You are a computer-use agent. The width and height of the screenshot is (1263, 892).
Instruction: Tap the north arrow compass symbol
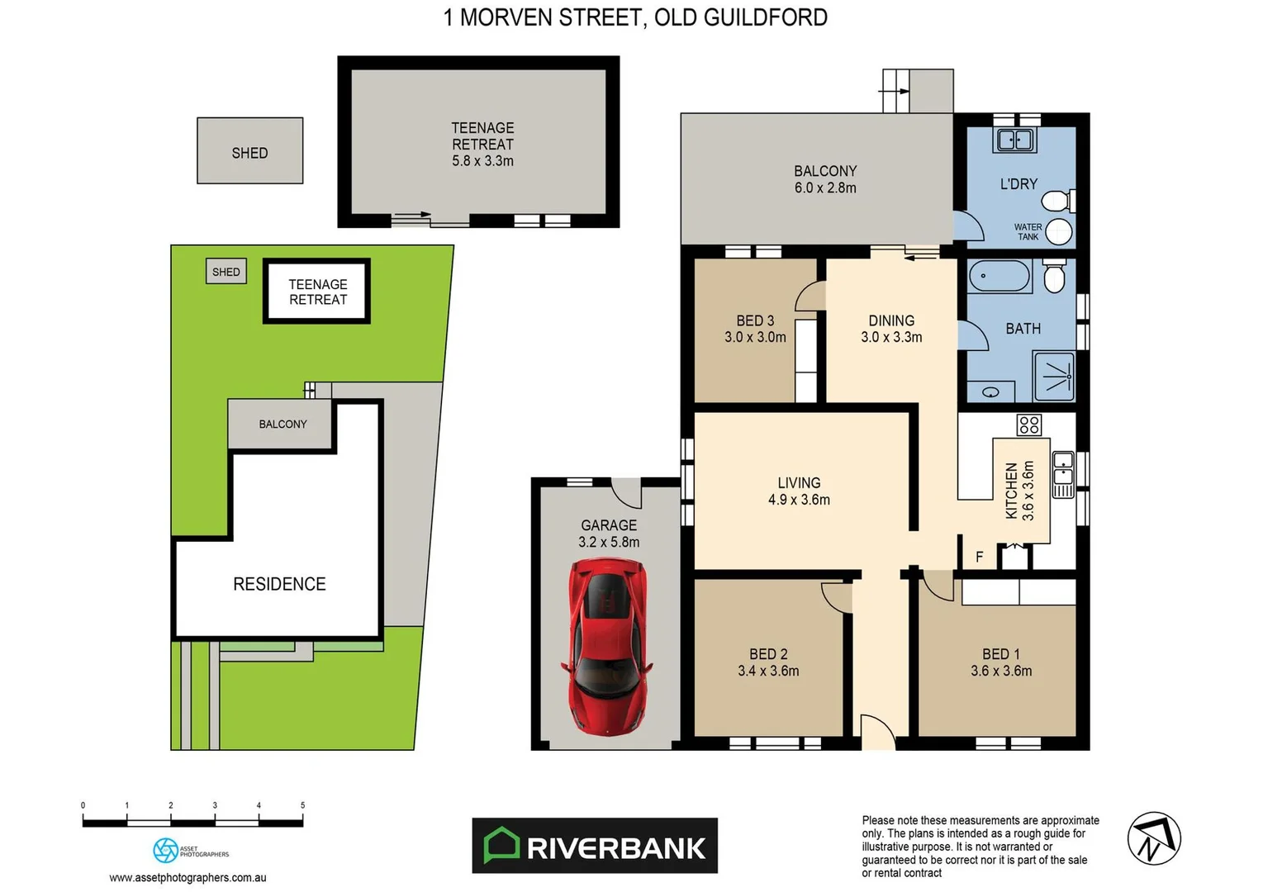click(1154, 838)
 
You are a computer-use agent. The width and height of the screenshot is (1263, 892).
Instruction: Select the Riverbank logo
click(595, 846)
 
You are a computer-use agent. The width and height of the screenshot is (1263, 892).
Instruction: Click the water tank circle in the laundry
click(1058, 231)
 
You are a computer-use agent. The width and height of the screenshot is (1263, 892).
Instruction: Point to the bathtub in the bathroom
click(999, 276)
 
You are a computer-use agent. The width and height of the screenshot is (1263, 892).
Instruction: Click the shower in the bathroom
click(1055, 377)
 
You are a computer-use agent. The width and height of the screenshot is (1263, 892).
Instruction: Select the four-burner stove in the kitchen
click(1029, 425)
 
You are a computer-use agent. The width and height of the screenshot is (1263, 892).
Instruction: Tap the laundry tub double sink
click(1015, 140)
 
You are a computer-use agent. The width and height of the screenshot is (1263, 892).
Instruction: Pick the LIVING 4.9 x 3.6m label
click(799, 491)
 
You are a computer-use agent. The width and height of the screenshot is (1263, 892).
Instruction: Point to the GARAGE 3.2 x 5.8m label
click(609, 534)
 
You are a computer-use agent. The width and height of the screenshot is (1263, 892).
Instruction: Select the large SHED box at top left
click(249, 151)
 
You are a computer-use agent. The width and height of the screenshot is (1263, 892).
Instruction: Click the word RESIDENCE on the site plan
click(279, 584)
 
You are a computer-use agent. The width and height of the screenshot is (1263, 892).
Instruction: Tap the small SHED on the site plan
click(226, 272)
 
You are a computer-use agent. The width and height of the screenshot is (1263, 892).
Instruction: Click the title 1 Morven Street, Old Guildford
click(635, 17)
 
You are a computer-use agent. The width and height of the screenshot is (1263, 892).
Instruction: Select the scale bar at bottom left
click(192, 822)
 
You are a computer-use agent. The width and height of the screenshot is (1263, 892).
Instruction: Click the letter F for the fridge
click(980, 557)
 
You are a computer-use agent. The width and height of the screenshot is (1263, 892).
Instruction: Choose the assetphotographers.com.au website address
click(188, 878)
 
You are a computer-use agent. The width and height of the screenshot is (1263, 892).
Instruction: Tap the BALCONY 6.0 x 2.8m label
click(825, 179)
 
